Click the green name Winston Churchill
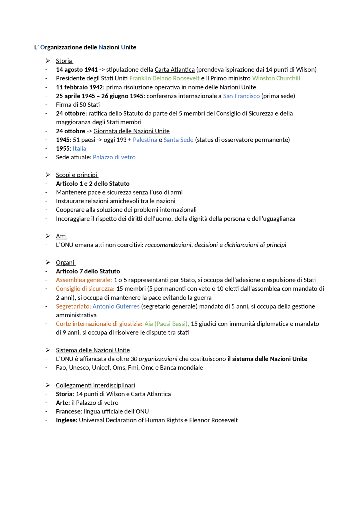pyautogui.click(x=276, y=78)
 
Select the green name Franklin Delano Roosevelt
pyautogui.click(x=164, y=78)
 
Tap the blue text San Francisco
pyautogui.click(x=241, y=96)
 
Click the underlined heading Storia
pyautogui.click(x=64, y=61)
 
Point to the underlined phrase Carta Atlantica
pyautogui.click(x=174, y=69)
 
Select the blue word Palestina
pyautogui.click(x=145, y=140)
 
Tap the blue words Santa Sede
pyautogui.click(x=178, y=140)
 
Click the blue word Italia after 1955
pyautogui.click(x=79, y=148)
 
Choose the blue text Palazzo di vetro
pyautogui.click(x=114, y=157)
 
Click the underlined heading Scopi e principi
pyautogui.click(x=76, y=175)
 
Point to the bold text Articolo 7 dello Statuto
pyautogui.click(x=88, y=271)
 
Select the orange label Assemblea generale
pyautogui.click(x=84, y=280)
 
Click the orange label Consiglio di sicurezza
pyautogui.click(x=85, y=289)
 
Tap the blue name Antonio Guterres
pyautogui.click(x=116, y=306)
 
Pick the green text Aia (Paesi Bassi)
pyautogui.click(x=166, y=324)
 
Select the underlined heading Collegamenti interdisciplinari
pyautogui.click(x=95, y=385)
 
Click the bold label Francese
pyautogui.click(x=69, y=411)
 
